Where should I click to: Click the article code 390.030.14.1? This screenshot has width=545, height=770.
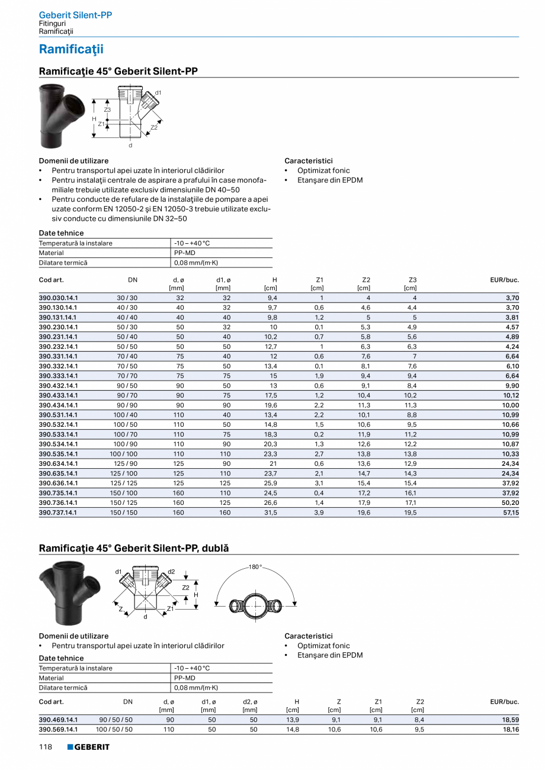click(x=58, y=298)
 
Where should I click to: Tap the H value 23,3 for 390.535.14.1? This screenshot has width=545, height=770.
click(x=271, y=454)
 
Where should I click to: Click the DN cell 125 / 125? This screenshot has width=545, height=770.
click(x=124, y=483)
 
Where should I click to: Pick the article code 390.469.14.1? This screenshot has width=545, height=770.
click(x=58, y=720)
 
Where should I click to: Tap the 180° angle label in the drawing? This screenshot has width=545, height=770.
click(x=255, y=567)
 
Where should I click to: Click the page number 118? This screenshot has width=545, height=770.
click(x=46, y=747)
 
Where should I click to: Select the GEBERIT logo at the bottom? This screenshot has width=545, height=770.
click(x=88, y=747)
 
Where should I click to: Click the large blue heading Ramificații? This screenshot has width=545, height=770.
click(x=71, y=49)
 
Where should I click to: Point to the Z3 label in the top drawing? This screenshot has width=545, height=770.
click(x=107, y=110)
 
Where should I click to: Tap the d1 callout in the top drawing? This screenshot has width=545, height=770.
click(x=158, y=93)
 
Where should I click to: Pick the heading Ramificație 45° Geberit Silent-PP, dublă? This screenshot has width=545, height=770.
click(x=133, y=549)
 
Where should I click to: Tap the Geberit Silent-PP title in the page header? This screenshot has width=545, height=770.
click(x=75, y=15)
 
